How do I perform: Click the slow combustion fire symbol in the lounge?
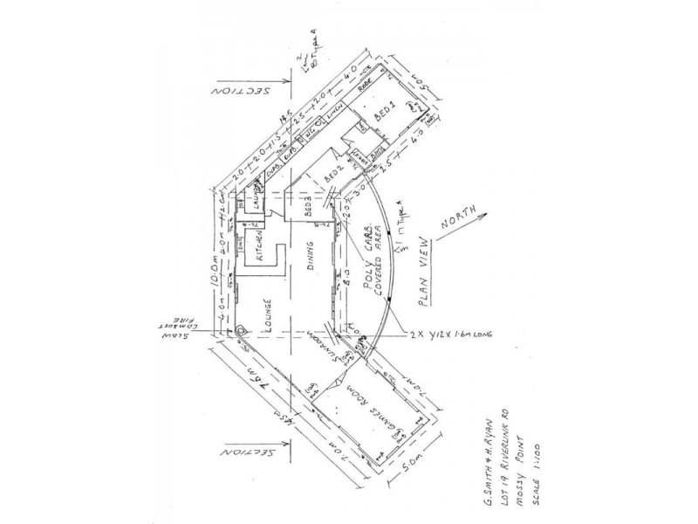point(240,331)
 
